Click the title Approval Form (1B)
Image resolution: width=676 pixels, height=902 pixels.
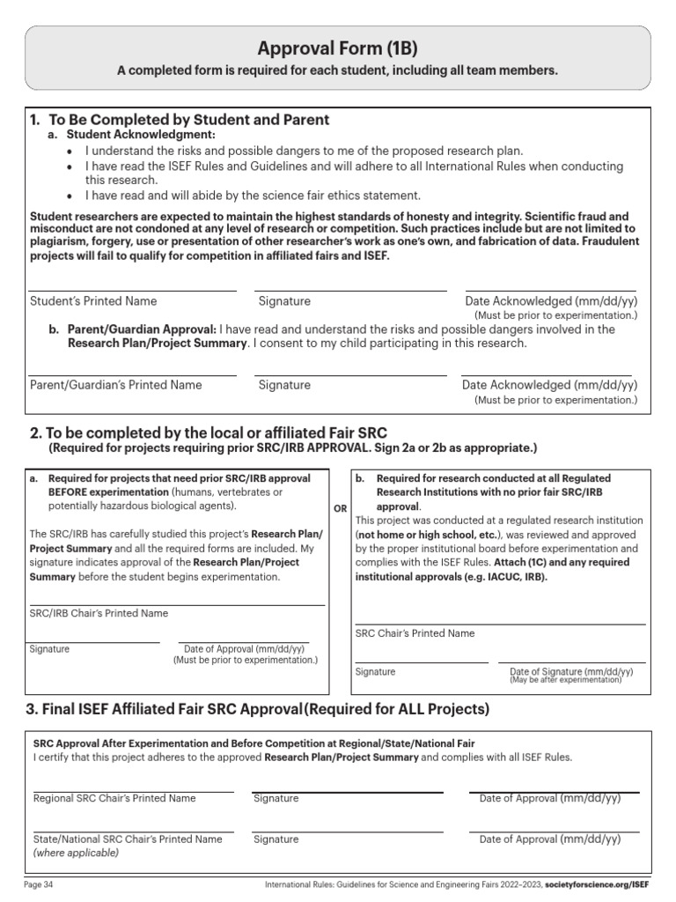338,48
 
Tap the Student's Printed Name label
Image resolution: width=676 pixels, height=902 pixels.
93,301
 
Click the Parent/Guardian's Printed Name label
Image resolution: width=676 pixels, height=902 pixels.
115,385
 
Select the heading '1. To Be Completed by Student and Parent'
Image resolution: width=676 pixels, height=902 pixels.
180,120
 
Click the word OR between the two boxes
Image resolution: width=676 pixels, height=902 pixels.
340,509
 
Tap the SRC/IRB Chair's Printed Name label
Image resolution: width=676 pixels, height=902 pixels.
99,613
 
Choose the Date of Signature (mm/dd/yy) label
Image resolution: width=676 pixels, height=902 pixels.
571,671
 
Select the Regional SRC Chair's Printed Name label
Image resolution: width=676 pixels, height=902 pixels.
114,798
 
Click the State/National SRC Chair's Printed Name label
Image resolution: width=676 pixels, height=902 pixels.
128,839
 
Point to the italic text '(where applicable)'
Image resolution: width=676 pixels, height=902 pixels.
76,853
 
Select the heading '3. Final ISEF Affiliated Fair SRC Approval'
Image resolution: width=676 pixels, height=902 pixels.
167,709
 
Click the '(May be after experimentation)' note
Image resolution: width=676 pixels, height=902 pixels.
565,680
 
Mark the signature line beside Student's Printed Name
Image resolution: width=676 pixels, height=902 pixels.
351,290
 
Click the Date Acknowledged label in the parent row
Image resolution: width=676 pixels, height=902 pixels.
550,385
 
